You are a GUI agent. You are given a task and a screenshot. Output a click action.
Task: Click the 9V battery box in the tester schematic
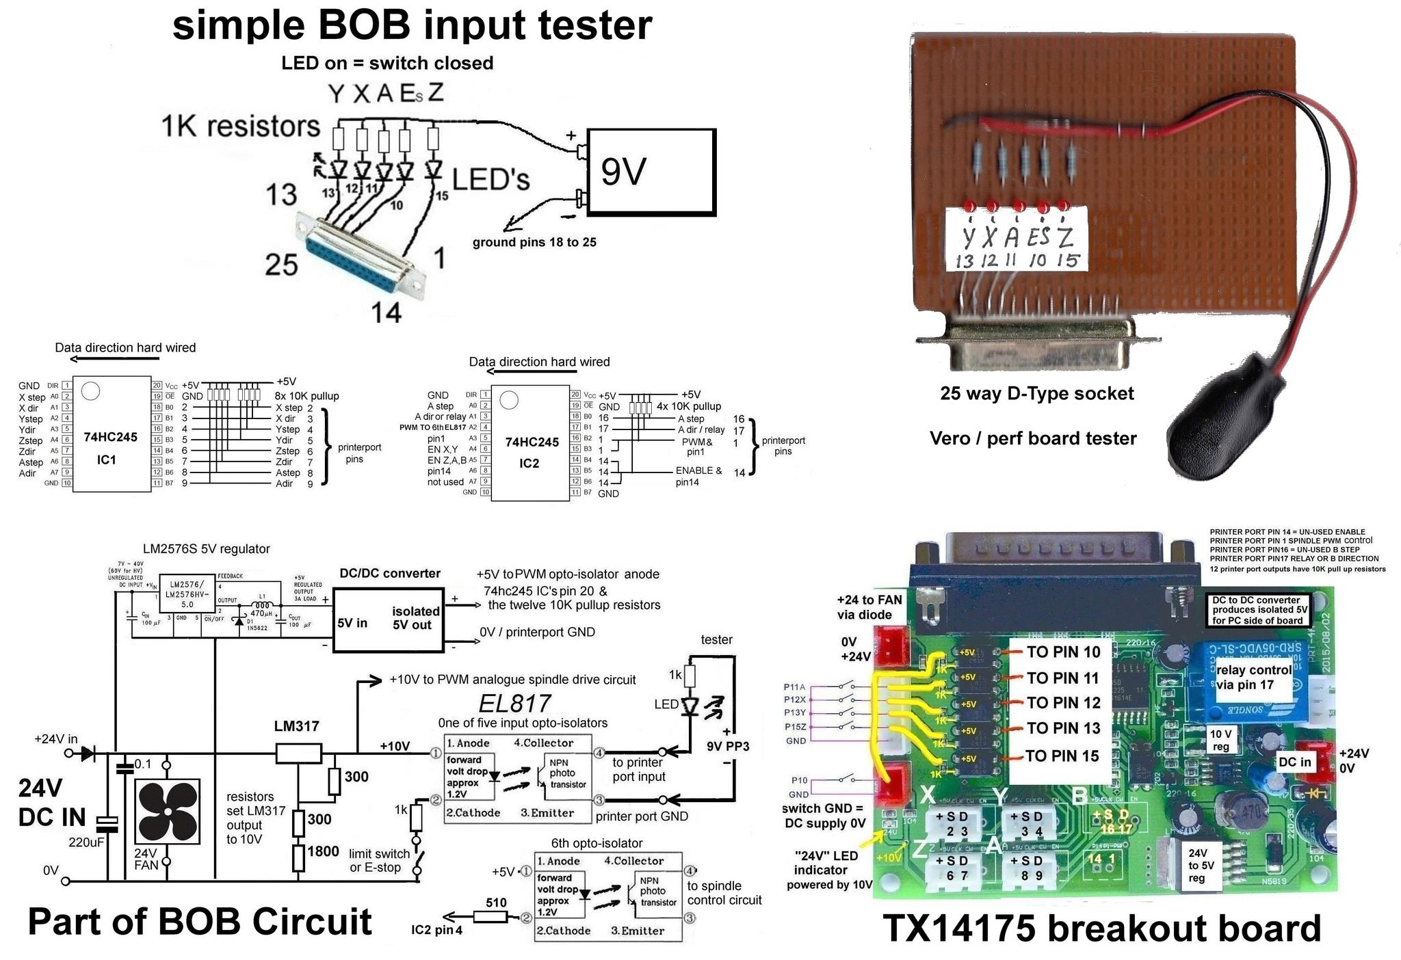coord(651,172)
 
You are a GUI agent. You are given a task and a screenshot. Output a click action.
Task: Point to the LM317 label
coord(296,726)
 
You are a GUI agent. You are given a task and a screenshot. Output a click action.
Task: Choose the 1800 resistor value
coord(323,851)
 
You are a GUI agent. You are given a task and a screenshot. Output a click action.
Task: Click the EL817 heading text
coord(514,704)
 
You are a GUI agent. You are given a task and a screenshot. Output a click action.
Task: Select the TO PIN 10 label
coord(1063,652)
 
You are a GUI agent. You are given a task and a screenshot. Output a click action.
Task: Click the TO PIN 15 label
coord(1062,756)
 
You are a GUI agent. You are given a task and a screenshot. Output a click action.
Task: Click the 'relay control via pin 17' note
coord(1254,677)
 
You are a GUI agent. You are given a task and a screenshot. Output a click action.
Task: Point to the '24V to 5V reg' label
coord(1197,865)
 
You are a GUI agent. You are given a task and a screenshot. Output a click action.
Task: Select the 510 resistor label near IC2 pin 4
coord(496,903)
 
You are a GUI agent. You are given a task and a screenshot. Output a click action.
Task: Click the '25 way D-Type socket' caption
coord(1036,394)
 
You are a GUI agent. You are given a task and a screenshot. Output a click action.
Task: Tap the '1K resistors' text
coord(240,126)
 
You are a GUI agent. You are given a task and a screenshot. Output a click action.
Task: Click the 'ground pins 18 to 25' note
coord(534,242)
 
